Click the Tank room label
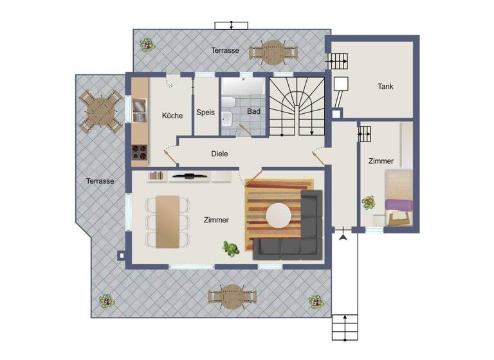point(386,87)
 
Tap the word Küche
point(172,116)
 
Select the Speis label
point(205,112)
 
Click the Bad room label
point(253,111)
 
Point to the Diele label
point(219,154)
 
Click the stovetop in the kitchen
point(140,153)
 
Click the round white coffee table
point(279,214)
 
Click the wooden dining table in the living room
point(168,221)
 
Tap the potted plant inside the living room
point(230,247)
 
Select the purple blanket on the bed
point(399,206)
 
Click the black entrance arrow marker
point(343,239)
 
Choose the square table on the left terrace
point(101,110)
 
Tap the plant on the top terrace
point(148,45)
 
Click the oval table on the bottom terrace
point(232,296)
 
